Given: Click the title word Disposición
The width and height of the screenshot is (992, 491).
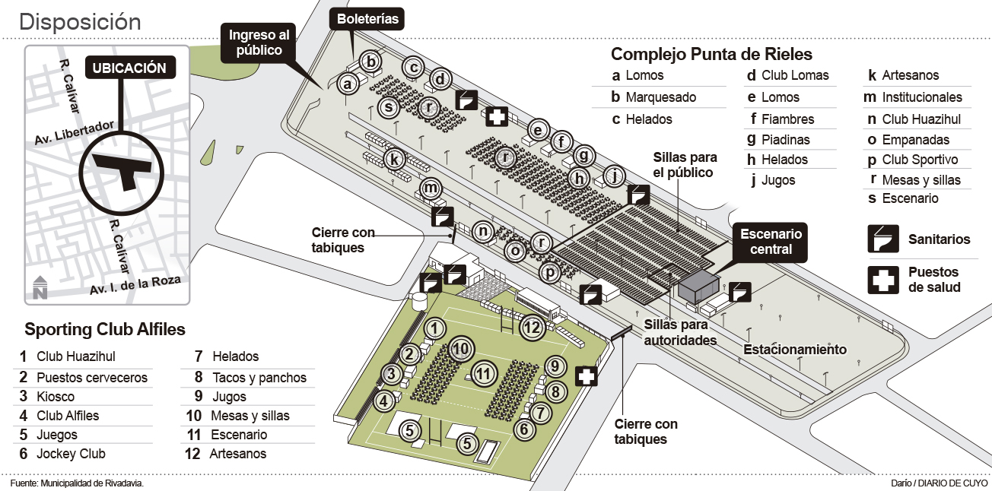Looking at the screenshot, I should (x=80, y=22).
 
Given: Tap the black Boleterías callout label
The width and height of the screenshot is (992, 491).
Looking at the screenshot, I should (x=367, y=19).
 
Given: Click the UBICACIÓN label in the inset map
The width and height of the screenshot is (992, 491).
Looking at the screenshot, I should (x=129, y=68).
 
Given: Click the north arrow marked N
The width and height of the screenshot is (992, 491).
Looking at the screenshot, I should (x=40, y=287).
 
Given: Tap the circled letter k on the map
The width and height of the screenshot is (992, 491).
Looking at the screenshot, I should (x=393, y=160).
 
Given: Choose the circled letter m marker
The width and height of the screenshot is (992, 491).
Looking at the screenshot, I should (x=431, y=188).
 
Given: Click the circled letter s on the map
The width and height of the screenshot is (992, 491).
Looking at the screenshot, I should (x=389, y=107).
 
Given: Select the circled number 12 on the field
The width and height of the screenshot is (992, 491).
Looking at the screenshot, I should (x=532, y=328).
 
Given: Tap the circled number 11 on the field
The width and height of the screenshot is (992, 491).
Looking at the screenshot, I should (x=483, y=373).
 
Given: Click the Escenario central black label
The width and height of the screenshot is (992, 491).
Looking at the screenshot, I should (x=771, y=242).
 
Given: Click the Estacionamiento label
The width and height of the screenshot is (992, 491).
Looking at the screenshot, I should (x=794, y=350).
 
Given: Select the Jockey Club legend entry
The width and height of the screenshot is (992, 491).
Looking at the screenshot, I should (x=71, y=454).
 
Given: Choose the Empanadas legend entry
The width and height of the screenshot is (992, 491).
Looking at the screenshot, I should (x=915, y=140).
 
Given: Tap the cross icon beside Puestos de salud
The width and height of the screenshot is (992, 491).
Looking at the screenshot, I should (x=883, y=279).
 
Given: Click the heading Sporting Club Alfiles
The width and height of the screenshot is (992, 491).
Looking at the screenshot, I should (x=105, y=330).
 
